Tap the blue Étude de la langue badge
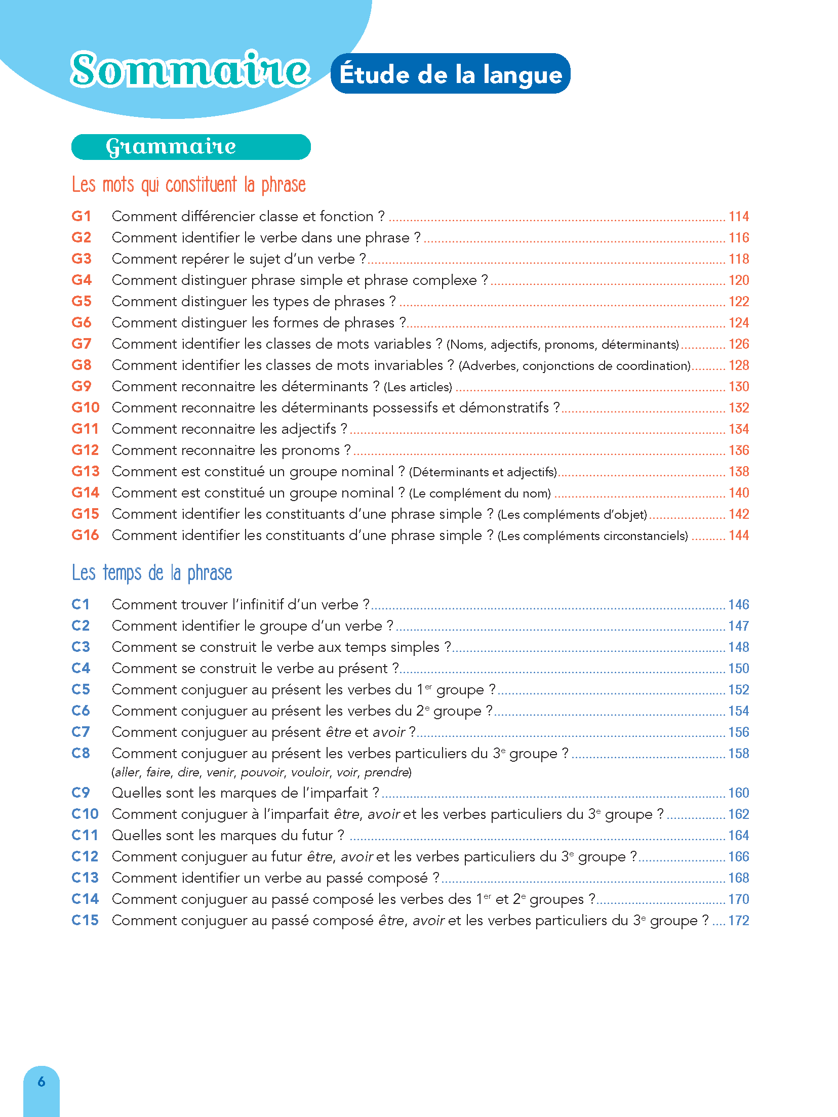coord(450,74)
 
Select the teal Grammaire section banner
coord(191,147)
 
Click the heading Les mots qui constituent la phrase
coord(188,185)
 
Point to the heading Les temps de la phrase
coord(151,573)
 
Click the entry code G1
coord(81,216)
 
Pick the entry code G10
coord(85,407)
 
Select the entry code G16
coord(85,535)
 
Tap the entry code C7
coord(81,732)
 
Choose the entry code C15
coord(85,920)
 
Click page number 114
coord(738,217)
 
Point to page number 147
coord(738,626)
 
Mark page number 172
coord(738,921)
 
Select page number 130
coord(738,387)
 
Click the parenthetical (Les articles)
coord(418,387)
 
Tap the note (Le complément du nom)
coord(480,493)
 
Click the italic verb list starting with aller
coord(261,772)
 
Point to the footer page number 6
coord(42,1082)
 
